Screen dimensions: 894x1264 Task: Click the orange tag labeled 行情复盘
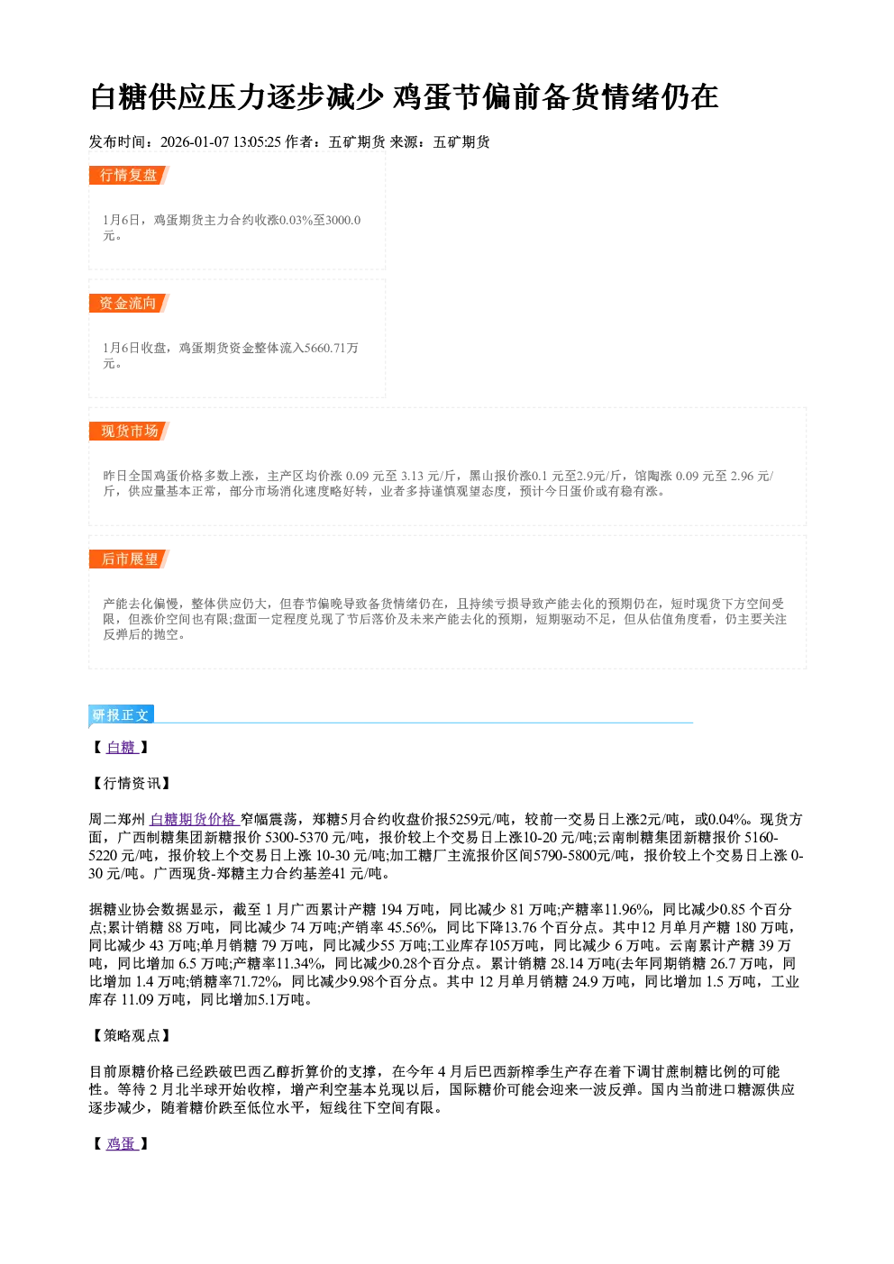pyautogui.click(x=129, y=175)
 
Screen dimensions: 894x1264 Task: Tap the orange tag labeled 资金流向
pyautogui.click(x=129, y=303)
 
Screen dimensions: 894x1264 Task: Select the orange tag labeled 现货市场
pyautogui.click(x=129, y=432)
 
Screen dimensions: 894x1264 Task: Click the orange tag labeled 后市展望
pyautogui.click(x=129, y=559)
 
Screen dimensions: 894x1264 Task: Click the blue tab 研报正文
pyautogui.click(x=121, y=715)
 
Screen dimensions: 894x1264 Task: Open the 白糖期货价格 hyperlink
pyautogui.click(x=195, y=819)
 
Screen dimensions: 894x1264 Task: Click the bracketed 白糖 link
pyautogui.click(x=122, y=748)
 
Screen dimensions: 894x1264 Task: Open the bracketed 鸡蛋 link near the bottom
pyautogui.click(x=122, y=1144)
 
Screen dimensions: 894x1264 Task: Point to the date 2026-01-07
pyautogui.click(x=195, y=142)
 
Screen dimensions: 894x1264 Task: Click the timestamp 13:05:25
pyautogui.click(x=257, y=142)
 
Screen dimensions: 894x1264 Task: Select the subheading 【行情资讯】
pyautogui.click(x=129, y=783)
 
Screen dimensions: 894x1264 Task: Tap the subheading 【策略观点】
pyautogui.click(x=129, y=1035)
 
